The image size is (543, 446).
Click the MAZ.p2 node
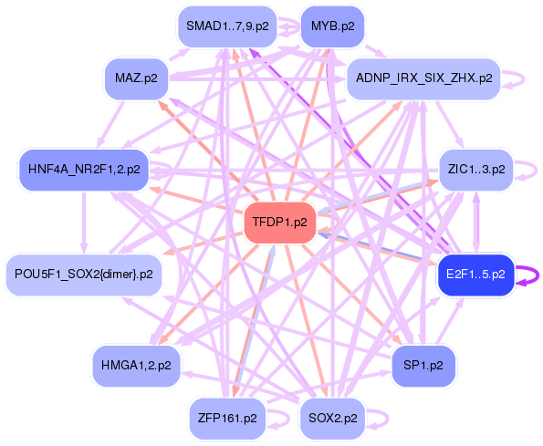(137, 79)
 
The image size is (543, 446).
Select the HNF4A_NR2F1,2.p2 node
(83, 171)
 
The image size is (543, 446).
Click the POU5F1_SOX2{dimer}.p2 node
(84, 275)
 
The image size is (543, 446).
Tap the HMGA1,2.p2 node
(137, 367)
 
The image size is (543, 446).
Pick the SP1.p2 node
(423, 367)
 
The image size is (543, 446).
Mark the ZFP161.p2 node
(226, 419)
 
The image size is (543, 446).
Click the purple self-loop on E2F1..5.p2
(529, 275)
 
